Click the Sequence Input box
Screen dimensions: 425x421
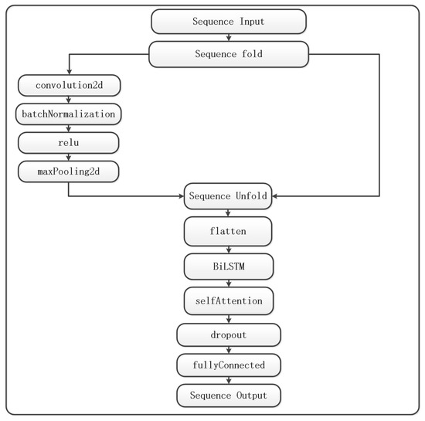(229, 22)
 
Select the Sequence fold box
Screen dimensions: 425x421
(229, 54)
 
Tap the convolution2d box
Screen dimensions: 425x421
(69, 85)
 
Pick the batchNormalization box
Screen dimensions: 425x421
(69, 114)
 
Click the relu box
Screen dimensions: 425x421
(69, 143)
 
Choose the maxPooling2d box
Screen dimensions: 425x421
(69, 171)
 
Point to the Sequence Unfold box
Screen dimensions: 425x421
(228, 196)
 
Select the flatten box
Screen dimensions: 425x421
(228, 232)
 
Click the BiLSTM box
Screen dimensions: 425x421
(229, 267)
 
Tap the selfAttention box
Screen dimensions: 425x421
(229, 301)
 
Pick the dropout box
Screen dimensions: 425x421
(229, 334)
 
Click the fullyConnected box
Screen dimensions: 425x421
(229, 365)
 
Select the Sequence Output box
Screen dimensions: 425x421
(229, 396)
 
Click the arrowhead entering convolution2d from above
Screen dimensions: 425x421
(69, 72)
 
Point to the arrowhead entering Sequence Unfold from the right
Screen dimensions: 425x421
(275, 196)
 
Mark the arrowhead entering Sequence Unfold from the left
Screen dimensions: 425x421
(181, 196)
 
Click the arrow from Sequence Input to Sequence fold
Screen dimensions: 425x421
(229, 37)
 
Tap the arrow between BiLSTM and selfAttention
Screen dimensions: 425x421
(229, 283)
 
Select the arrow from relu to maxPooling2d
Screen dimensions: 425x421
(69, 157)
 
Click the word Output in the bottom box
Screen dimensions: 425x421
(252, 396)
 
